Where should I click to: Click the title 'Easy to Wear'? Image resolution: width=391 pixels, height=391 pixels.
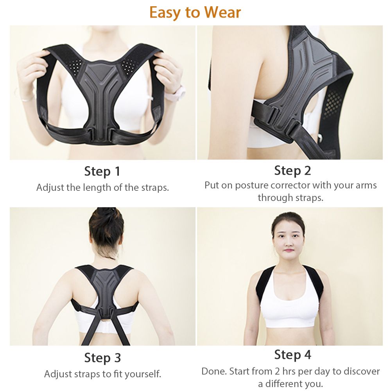(x=195, y=12)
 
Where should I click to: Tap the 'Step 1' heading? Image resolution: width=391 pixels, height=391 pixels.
(x=102, y=172)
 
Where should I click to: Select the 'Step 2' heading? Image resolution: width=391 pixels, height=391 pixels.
(x=292, y=171)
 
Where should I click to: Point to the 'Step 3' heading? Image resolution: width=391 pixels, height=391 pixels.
(x=102, y=358)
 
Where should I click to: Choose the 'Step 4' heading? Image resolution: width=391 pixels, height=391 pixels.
(x=293, y=355)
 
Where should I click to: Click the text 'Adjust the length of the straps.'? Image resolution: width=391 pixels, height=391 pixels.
(x=102, y=188)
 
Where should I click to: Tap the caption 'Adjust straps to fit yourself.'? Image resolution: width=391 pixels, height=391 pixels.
(x=102, y=374)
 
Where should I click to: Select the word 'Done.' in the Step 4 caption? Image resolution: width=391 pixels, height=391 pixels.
(x=214, y=371)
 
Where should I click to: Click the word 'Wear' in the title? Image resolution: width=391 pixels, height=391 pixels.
(x=222, y=12)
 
